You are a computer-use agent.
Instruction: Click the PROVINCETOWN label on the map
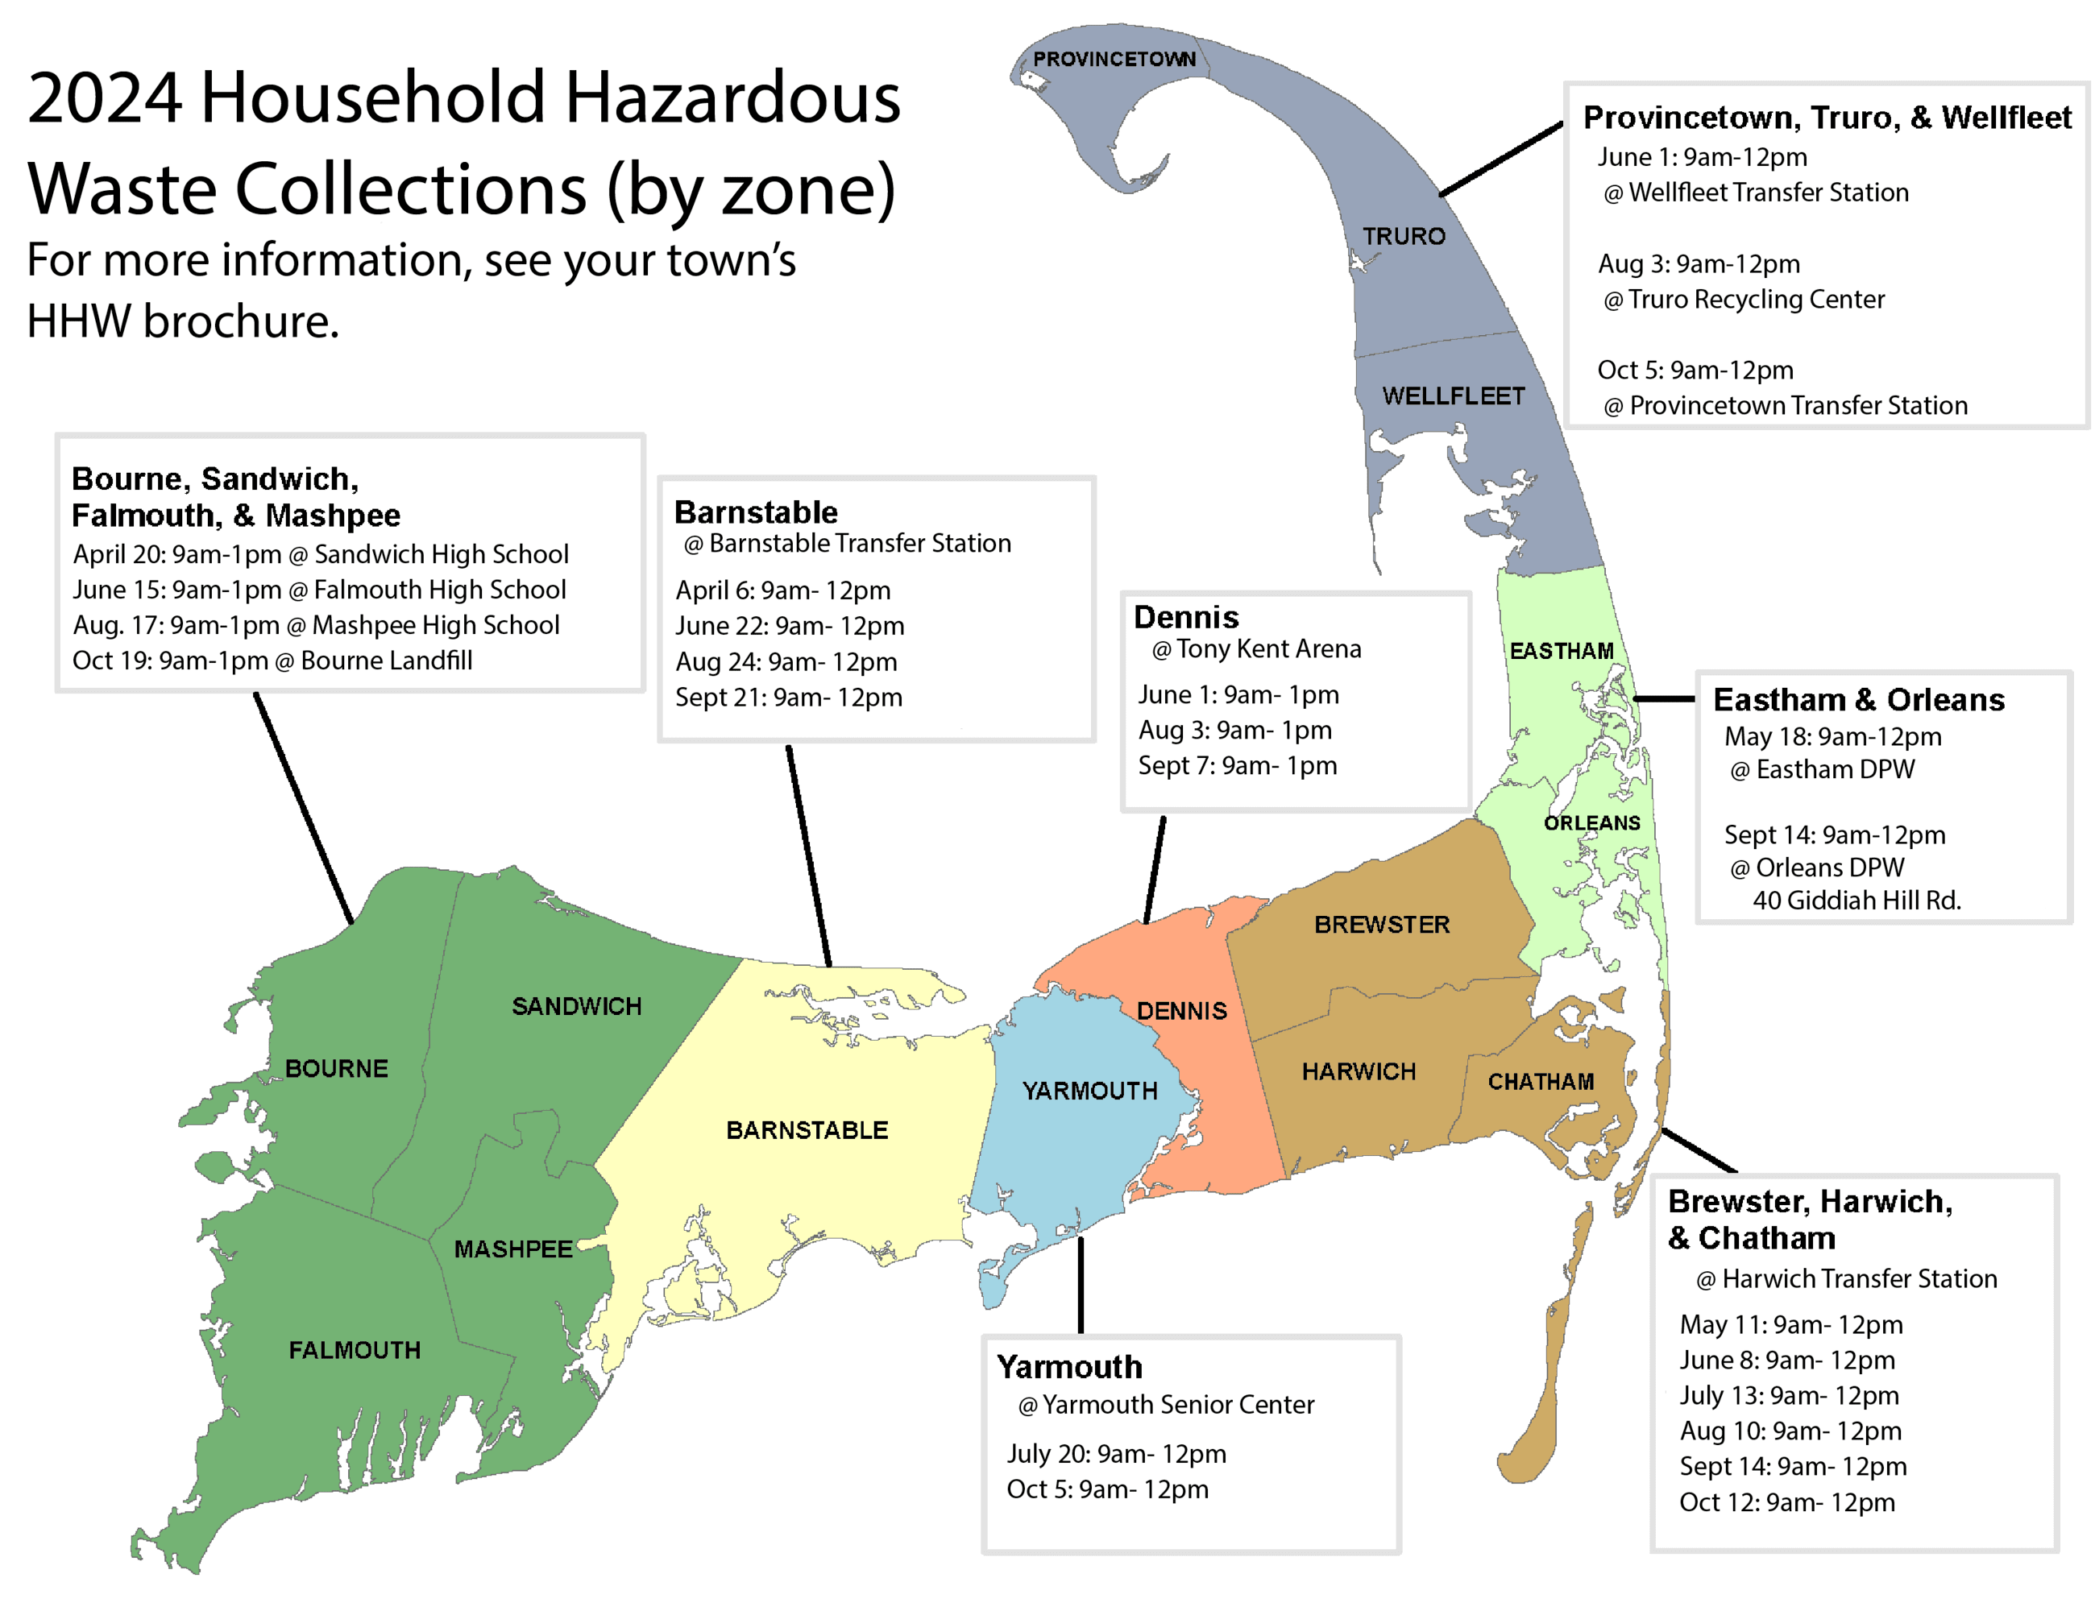(x=1114, y=60)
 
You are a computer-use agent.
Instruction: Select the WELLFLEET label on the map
(x=1452, y=396)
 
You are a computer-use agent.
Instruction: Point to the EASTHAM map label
(x=1562, y=652)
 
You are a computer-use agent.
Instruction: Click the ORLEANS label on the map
(x=1591, y=822)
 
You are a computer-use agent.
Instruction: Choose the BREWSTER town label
(x=1381, y=925)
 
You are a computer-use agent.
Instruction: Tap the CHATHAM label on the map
(x=1540, y=1082)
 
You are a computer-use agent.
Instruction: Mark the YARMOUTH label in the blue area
(x=1089, y=1091)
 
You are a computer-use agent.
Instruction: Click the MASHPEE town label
(x=512, y=1249)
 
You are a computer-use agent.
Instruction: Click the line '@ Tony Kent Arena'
(x=1256, y=649)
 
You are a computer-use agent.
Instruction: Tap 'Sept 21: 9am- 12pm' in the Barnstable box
(x=788, y=698)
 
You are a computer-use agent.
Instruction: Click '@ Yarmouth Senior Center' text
(x=1165, y=1405)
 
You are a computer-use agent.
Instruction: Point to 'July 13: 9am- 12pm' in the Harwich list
(x=1789, y=1396)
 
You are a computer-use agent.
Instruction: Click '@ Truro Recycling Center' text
(x=1743, y=300)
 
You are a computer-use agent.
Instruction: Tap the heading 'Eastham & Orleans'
(x=1858, y=700)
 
